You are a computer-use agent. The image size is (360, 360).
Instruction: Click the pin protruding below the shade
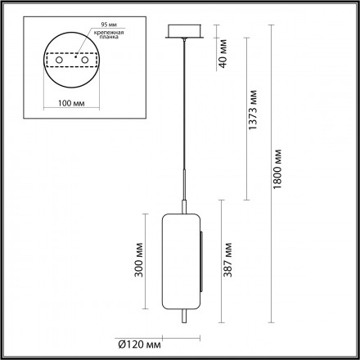coord(183,324)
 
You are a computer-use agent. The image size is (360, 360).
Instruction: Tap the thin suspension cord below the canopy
coord(183,106)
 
